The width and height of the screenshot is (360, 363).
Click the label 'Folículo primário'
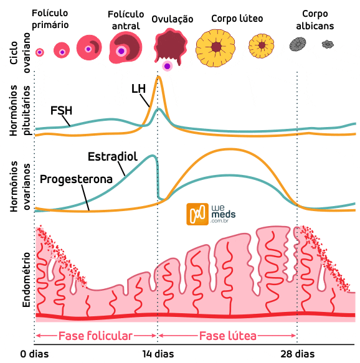click(x=50, y=18)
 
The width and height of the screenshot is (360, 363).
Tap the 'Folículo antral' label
click(x=125, y=19)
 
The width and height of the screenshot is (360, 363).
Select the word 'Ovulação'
click(x=172, y=19)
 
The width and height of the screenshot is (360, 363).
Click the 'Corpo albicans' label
click(x=316, y=19)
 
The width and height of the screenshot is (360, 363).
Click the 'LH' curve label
click(x=138, y=88)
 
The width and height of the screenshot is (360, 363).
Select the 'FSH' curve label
click(x=61, y=111)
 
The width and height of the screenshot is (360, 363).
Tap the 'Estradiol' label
click(x=112, y=155)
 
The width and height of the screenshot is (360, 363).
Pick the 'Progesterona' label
click(x=76, y=179)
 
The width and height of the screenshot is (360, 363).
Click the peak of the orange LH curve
click(x=159, y=77)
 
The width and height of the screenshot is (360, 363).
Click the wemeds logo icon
click(x=197, y=214)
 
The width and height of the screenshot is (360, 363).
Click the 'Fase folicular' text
click(x=95, y=336)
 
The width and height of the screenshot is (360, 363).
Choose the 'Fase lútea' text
click(x=227, y=336)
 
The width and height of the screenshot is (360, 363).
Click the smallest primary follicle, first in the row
click(x=40, y=53)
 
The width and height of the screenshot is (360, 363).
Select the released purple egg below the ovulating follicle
click(x=167, y=65)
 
